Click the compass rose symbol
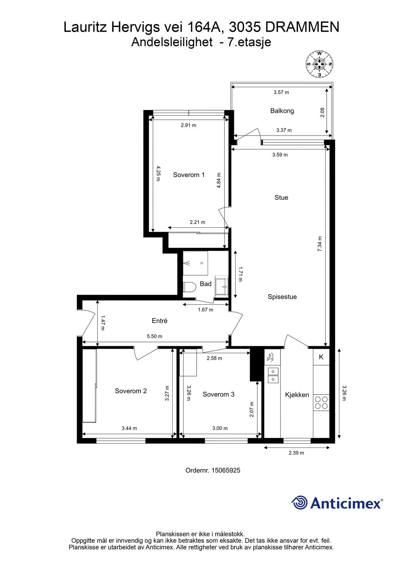(319, 64)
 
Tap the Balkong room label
(282, 111)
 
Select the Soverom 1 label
(189, 175)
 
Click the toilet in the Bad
(189, 287)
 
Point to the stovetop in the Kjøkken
(321, 403)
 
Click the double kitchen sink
(273, 375)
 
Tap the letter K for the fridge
(321, 357)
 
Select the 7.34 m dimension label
(320, 244)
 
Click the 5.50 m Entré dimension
(154, 336)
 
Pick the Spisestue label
(282, 297)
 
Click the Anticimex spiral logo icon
(299, 503)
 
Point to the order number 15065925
(226, 471)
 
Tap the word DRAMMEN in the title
(302, 27)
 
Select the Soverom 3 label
(218, 394)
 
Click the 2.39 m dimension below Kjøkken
(296, 453)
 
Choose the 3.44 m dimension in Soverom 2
(129, 428)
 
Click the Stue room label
(281, 198)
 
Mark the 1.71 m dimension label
(240, 274)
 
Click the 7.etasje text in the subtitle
(249, 42)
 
